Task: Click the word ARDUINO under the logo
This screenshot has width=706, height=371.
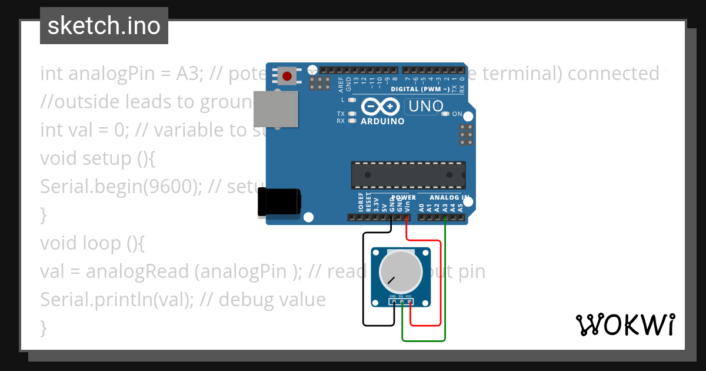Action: click(x=382, y=121)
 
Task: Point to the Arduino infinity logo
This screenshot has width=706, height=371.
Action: click(x=381, y=107)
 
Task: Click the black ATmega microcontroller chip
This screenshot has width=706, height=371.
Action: click(x=408, y=175)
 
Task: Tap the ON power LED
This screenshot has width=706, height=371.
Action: click(x=445, y=114)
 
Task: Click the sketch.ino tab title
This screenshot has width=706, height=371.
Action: click(x=104, y=26)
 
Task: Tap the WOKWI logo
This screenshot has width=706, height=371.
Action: click(x=625, y=324)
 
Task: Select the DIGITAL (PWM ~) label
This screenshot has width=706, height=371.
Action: click(x=421, y=90)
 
